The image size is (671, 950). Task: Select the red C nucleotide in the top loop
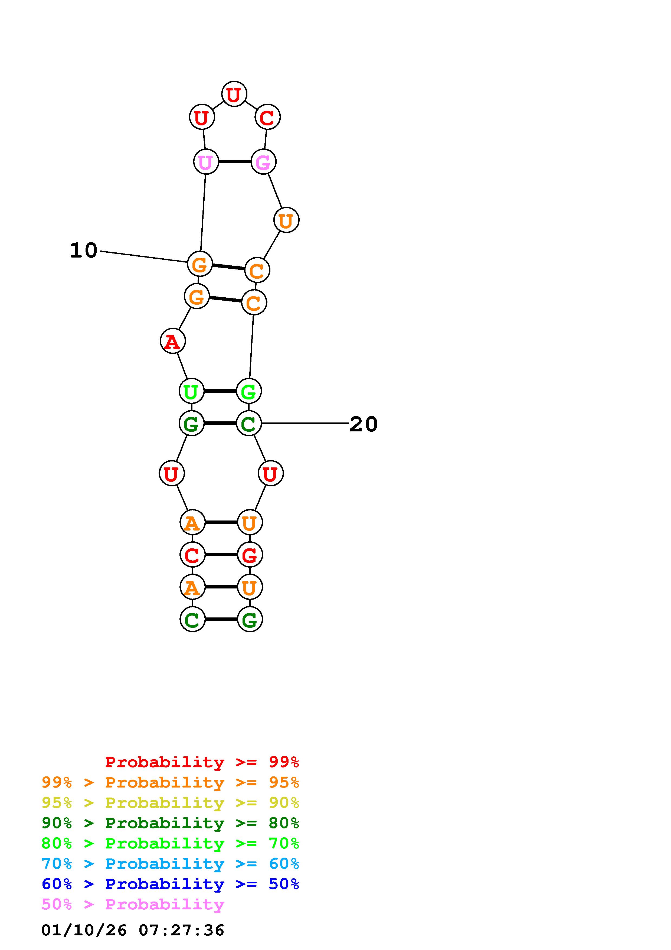coord(267,117)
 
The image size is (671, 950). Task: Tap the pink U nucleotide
coord(205,162)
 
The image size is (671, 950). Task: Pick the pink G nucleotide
coord(263,162)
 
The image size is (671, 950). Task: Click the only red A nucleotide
coord(172,341)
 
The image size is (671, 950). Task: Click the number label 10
coord(84,250)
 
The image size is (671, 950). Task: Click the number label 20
coord(364,424)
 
